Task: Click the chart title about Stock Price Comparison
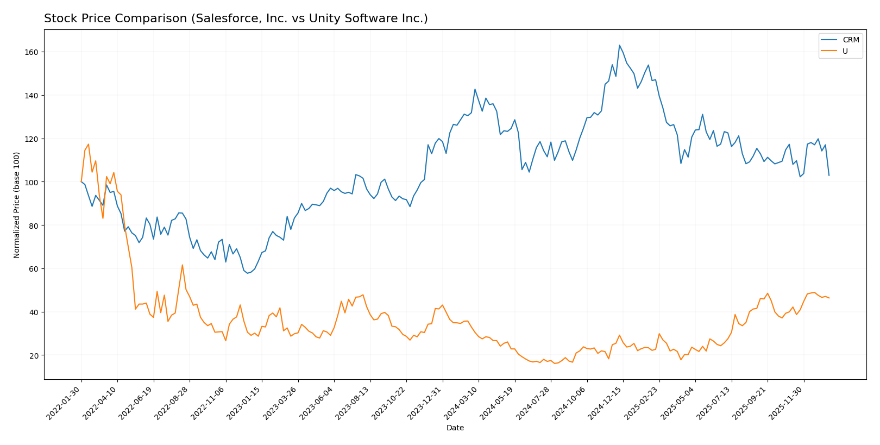click(236, 18)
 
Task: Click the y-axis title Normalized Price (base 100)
click(17, 205)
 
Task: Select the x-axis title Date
click(455, 428)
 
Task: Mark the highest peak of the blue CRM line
click(619, 45)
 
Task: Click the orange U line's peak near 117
click(89, 144)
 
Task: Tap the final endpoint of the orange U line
click(829, 298)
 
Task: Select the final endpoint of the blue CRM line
click(829, 175)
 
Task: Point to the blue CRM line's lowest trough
click(248, 273)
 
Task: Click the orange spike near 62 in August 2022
click(183, 265)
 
